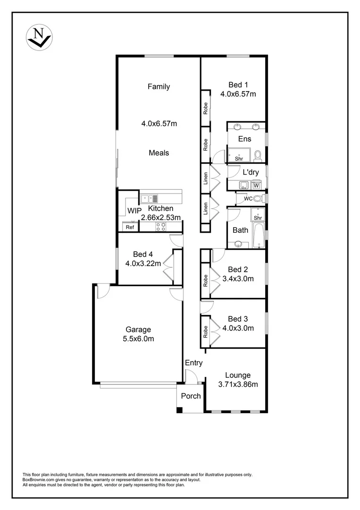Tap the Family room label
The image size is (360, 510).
click(159, 86)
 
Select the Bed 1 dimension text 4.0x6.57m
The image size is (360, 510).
click(238, 94)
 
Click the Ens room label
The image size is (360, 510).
click(244, 139)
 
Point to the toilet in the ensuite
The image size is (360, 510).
click(258, 155)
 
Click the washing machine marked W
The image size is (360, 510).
click(256, 185)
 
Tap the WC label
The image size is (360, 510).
click(248, 199)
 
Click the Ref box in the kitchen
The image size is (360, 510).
click(130, 228)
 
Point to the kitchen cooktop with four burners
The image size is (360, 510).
click(161, 226)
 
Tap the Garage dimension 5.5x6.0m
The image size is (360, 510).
click(138, 339)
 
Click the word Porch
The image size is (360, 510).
click(191, 396)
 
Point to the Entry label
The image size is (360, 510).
click(193, 363)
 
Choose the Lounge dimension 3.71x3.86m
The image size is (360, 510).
click(238, 384)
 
